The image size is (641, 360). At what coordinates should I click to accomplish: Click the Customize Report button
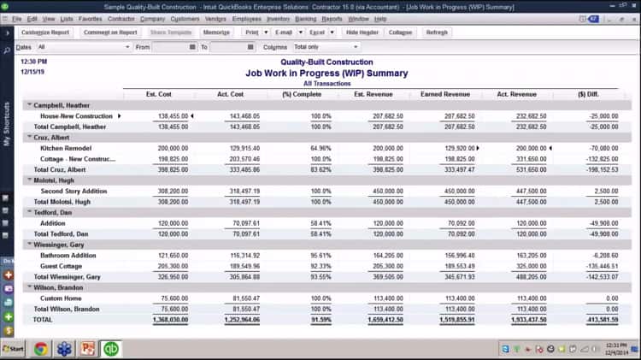tap(44, 32)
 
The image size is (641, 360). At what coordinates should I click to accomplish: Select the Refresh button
tap(437, 32)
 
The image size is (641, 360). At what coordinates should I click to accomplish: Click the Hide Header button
tap(362, 32)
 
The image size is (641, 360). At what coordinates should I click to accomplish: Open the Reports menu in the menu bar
tap(332, 18)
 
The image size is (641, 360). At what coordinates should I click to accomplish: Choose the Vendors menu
tap(216, 18)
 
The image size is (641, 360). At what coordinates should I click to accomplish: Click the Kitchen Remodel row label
tap(64, 148)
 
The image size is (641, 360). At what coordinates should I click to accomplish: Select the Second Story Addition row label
tap(74, 191)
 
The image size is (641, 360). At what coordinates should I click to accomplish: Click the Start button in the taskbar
tap(13, 349)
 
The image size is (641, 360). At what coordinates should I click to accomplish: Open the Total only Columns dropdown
tap(326, 47)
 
